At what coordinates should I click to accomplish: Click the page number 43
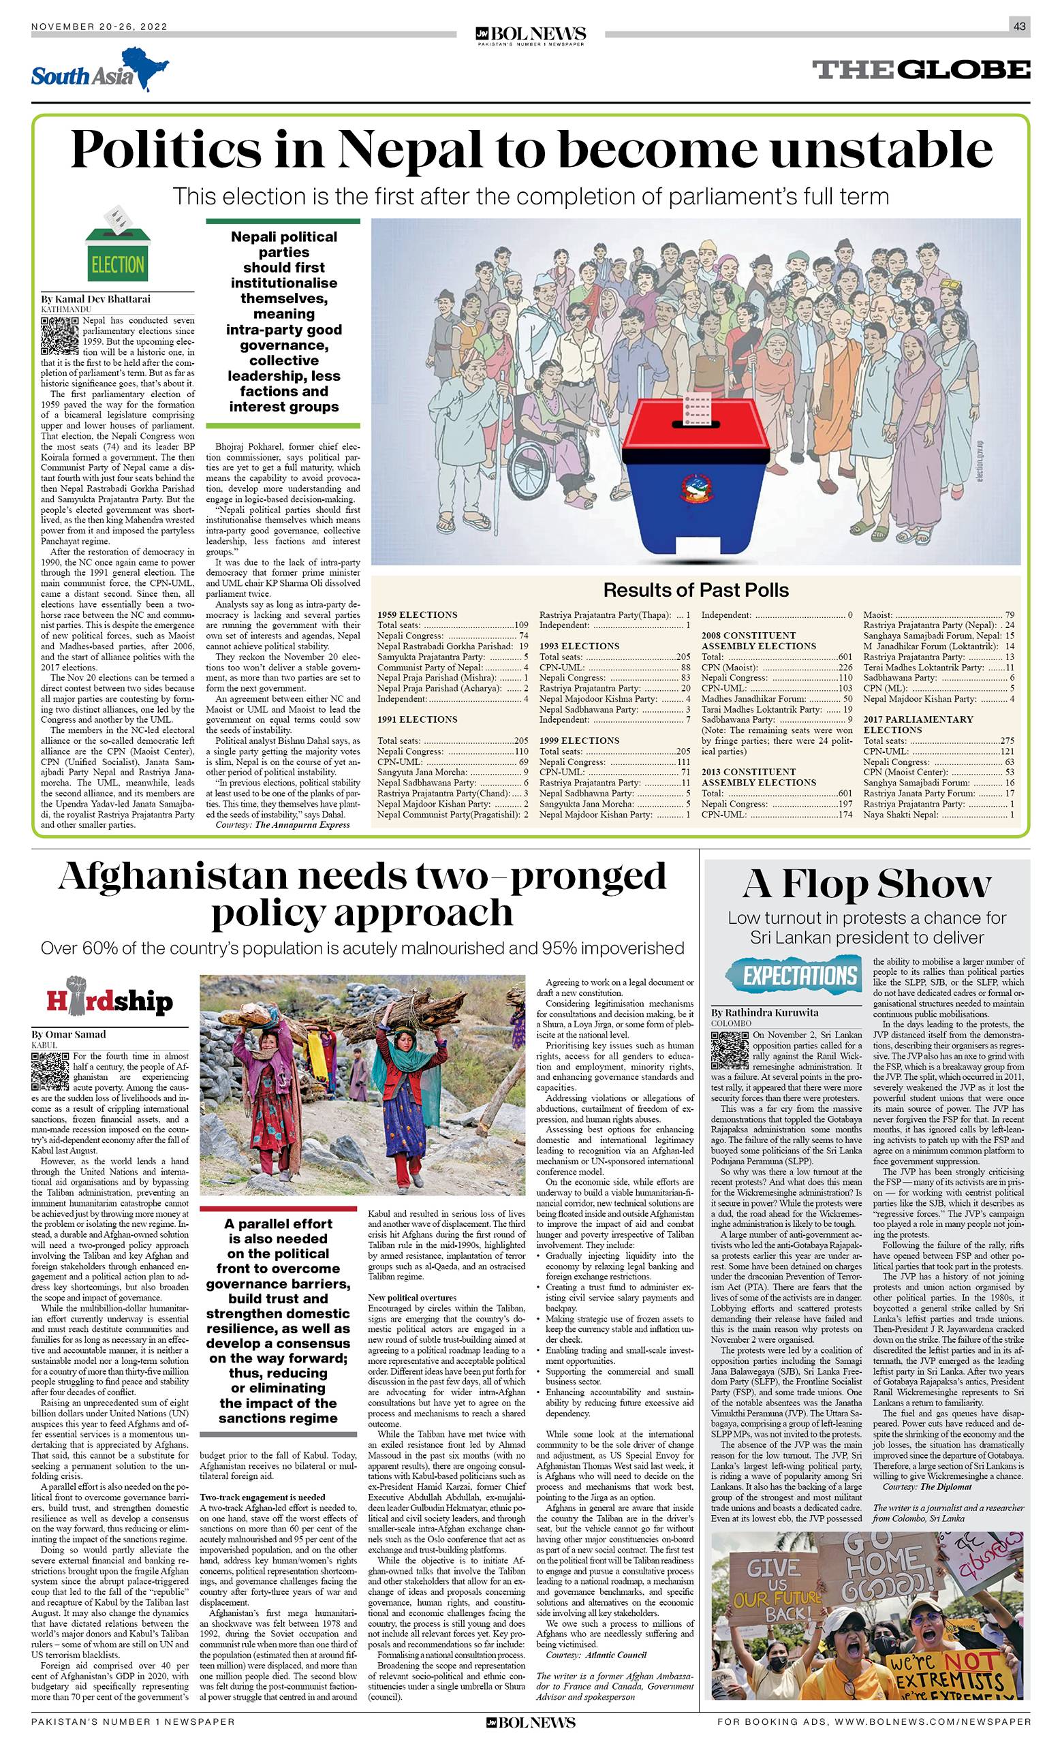pyautogui.click(x=1019, y=27)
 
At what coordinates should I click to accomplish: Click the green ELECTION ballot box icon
pyautogui.click(x=116, y=245)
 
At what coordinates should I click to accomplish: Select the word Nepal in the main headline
pyautogui.click(x=411, y=151)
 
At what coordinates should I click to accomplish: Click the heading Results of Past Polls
pyautogui.click(x=696, y=589)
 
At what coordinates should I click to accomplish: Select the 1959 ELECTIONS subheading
pyautogui.click(x=418, y=615)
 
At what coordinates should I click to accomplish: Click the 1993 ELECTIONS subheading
pyautogui.click(x=580, y=647)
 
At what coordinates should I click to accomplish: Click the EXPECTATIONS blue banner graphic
pyautogui.click(x=789, y=976)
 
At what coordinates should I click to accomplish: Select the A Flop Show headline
pyautogui.click(x=866, y=884)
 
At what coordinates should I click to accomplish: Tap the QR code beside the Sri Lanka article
pyautogui.click(x=730, y=1050)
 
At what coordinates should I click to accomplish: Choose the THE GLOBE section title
pyautogui.click(x=921, y=69)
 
